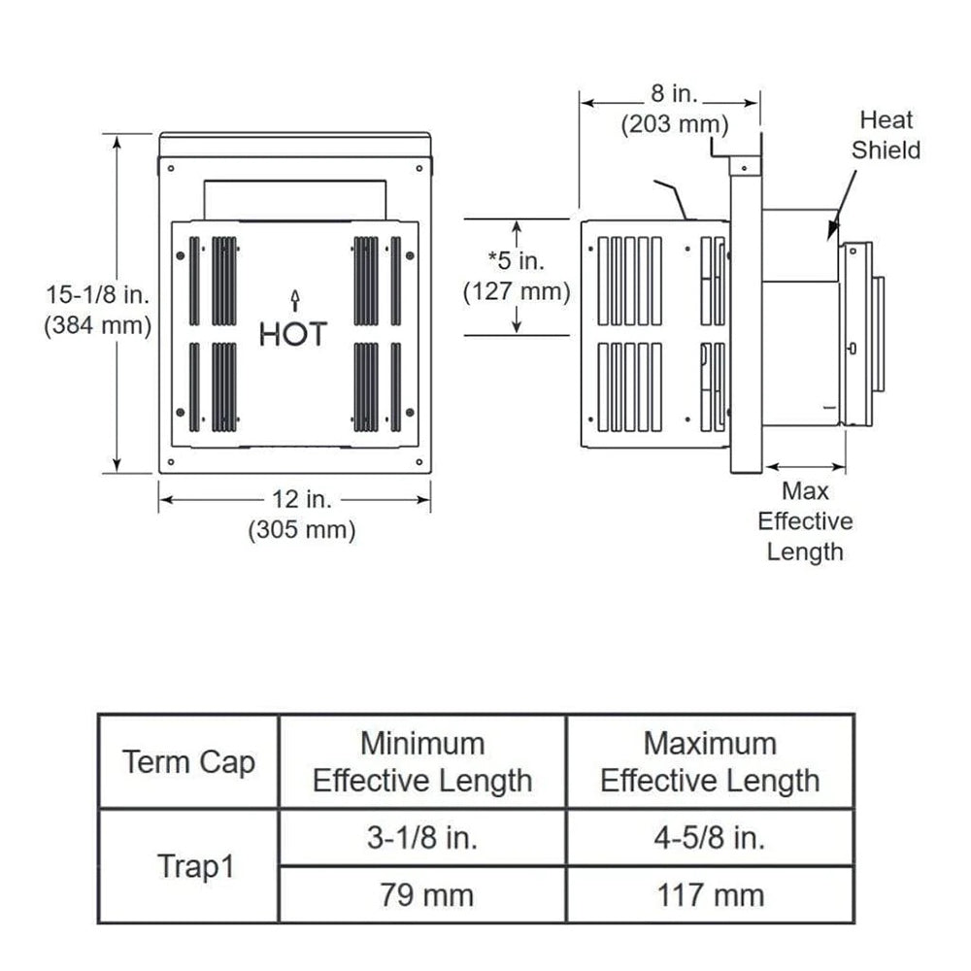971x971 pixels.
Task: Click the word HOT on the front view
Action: (x=293, y=334)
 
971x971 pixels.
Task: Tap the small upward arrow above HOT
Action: (x=294, y=297)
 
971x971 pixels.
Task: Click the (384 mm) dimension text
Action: (x=97, y=326)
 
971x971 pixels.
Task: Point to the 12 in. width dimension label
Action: (x=301, y=500)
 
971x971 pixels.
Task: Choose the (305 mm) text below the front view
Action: (x=301, y=530)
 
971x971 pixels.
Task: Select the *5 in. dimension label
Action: (x=516, y=259)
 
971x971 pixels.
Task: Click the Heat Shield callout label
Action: (x=886, y=135)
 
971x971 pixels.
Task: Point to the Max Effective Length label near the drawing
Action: (x=805, y=521)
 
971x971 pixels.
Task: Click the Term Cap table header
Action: (x=188, y=762)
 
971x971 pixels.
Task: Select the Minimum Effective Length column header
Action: (x=422, y=762)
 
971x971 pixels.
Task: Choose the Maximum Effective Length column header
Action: (x=710, y=762)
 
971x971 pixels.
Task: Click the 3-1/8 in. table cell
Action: (x=422, y=837)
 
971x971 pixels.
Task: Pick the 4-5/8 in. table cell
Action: (x=710, y=837)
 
